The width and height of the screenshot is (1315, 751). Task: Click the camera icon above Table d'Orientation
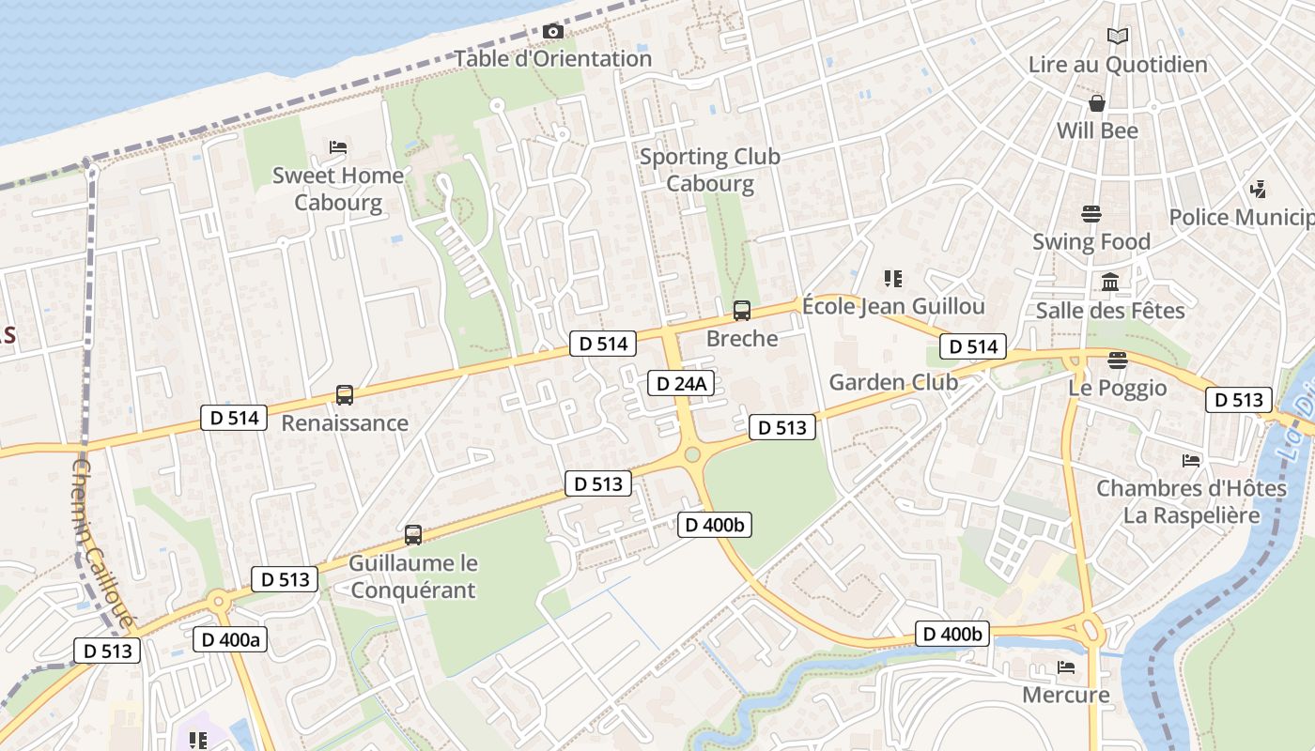pyautogui.click(x=553, y=32)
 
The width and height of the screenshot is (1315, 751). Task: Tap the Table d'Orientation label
pyautogui.click(x=553, y=58)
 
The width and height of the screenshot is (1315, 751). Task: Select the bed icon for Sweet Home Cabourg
pyautogui.click(x=338, y=147)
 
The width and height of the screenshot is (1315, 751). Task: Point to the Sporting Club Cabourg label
pyautogui.click(x=710, y=170)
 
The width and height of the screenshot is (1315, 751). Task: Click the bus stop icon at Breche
pyautogui.click(x=742, y=311)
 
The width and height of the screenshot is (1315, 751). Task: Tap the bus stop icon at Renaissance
pyautogui.click(x=345, y=395)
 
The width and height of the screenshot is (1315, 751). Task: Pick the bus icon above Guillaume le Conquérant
pyautogui.click(x=412, y=535)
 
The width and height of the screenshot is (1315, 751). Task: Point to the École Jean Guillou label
pyautogui.click(x=893, y=306)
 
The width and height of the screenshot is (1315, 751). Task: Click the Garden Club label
pyautogui.click(x=893, y=382)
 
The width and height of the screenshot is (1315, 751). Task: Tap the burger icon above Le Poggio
pyautogui.click(x=1117, y=360)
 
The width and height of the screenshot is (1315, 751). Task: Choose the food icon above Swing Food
pyautogui.click(x=1091, y=214)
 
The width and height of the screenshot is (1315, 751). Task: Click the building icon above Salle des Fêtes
pyautogui.click(x=1110, y=282)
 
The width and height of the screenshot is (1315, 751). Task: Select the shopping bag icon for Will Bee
pyautogui.click(x=1096, y=103)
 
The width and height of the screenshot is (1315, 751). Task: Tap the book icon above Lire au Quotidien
pyautogui.click(x=1118, y=37)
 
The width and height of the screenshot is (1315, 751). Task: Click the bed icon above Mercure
pyautogui.click(x=1066, y=667)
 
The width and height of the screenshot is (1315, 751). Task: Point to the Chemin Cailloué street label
pyautogui.click(x=103, y=544)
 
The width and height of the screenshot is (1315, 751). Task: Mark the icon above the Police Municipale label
pyautogui.click(x=1259, y=190)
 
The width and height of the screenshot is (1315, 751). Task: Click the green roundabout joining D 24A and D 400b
pyautogui.click(x=692, y=454)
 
